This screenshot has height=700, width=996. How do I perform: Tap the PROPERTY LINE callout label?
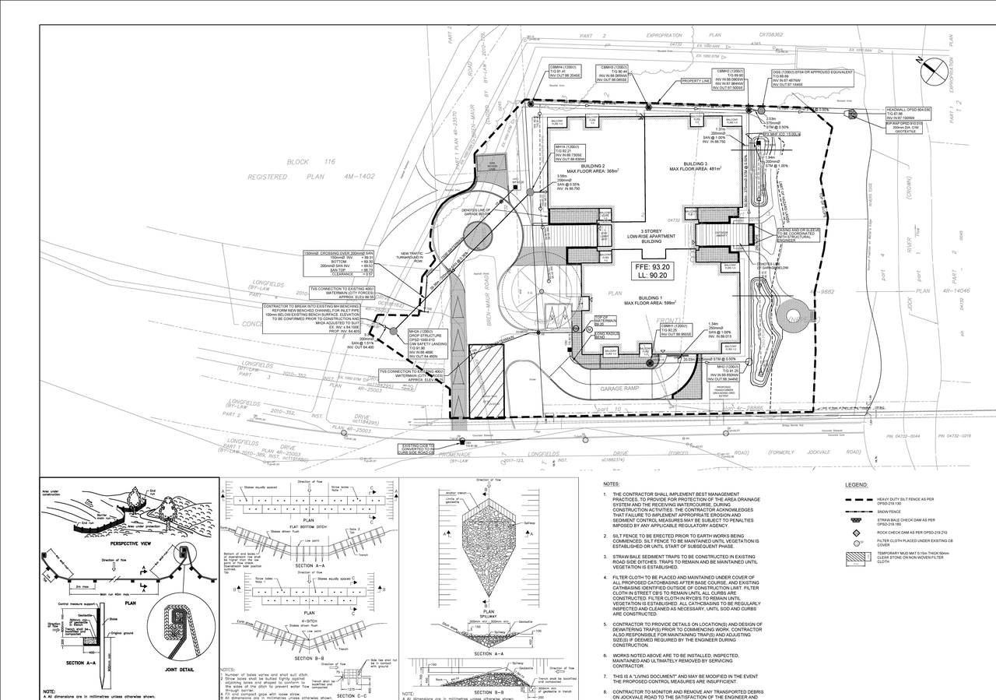pyautogui.click(x=697, y=81)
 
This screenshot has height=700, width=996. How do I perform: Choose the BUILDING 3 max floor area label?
pyautogui.click(x=701, y=167)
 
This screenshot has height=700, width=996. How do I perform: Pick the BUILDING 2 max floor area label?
pyautogui.click(x=592, y=169)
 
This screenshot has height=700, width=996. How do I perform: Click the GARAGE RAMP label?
pyautogui.click(x=619, y=387)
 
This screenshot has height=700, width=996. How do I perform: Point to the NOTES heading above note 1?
pyautogui.click(x=612, y=484)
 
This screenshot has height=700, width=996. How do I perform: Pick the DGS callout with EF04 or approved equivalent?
pyautogui.click(x=812, y=77)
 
